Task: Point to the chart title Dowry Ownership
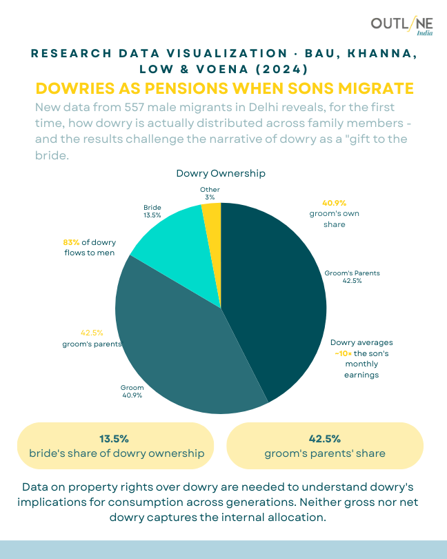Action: pos(221,173)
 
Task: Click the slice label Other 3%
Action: pos(210,193)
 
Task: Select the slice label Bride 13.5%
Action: pos(152,211)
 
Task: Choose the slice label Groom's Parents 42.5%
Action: pos(352,277)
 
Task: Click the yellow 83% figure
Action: pos(71,242)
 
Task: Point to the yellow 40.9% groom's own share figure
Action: pos(334,203)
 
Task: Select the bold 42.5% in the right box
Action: pos(324,438)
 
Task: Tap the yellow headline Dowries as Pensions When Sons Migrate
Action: pos(223,89)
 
